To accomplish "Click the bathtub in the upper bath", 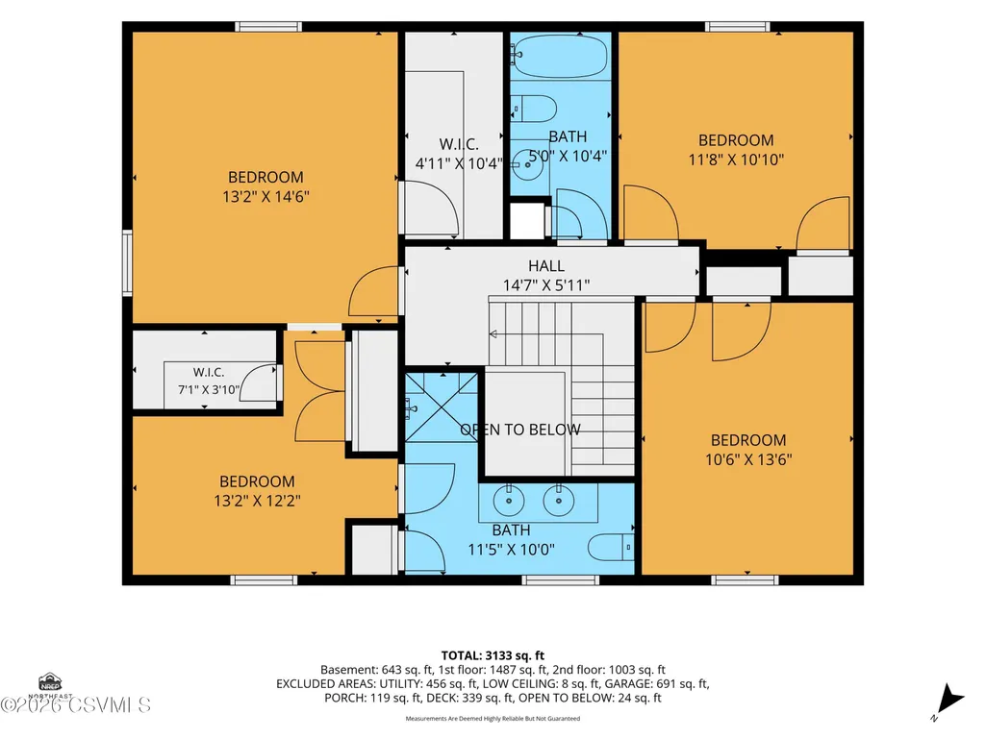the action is click(x=561, y=56).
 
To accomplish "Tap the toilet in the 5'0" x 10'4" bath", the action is click(x=534, y=109).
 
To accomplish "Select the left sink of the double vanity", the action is click(x=508, y=501).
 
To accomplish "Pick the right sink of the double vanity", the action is click(x=558, y=501).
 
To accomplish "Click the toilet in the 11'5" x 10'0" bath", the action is click(x=611, y=547).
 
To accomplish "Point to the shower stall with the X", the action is click(x=442, y=406).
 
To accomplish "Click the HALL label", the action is click(x=545, y=266).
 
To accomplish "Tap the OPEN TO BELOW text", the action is click(x=520, y=430).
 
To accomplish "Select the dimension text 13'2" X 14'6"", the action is click(x=265, y=197).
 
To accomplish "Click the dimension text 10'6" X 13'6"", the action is click(x=748, y=459).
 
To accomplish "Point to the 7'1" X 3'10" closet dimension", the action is click(x=208, y=389).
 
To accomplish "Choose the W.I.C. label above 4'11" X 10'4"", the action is click(x=459, y=144).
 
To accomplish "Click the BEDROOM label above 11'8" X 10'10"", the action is click(x=736, y=140).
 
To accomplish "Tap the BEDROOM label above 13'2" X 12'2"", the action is click(x=257, y=482).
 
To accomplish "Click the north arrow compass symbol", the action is click(x=948, y=701).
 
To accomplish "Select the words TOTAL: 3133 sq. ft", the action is click(x=493, y=656).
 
